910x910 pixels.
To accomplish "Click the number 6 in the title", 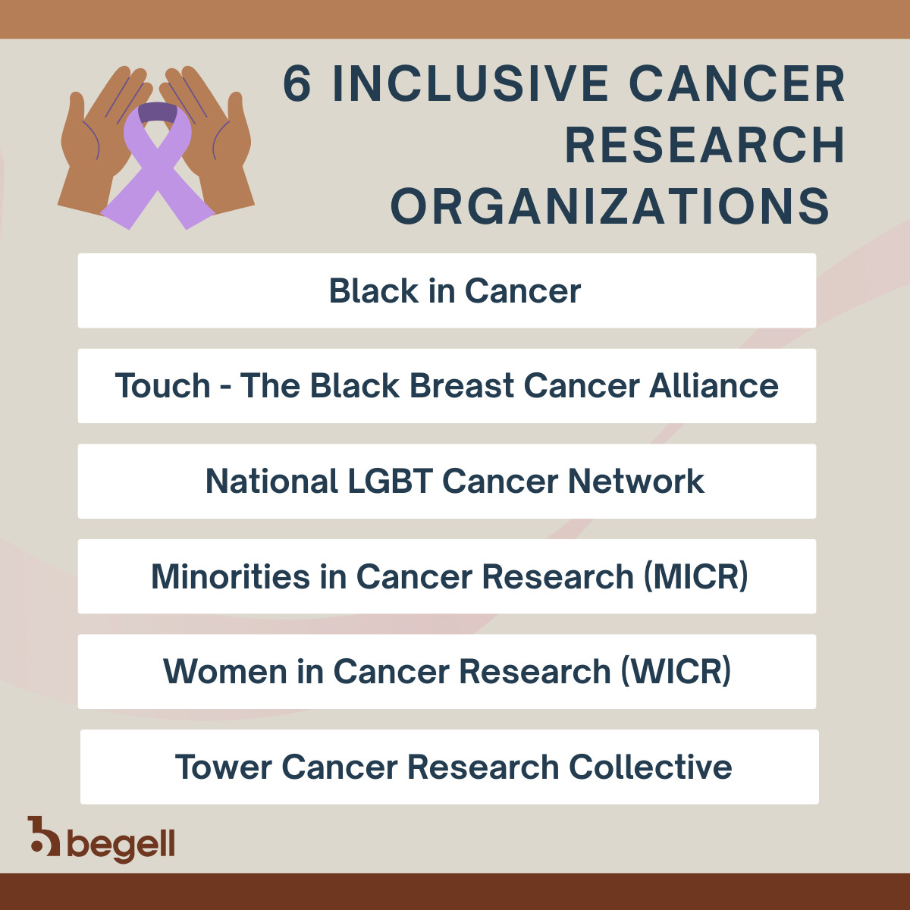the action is pos(297,83).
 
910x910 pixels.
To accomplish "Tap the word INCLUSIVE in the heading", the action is pos(470,83).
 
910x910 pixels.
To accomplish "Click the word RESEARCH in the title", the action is pos(704,145).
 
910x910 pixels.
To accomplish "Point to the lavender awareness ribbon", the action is pos(158,165).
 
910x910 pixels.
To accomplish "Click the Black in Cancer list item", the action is pos(447,290).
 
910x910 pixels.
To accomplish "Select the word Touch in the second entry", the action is pos(162,386).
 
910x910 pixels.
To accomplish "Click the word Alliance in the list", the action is pos(714,386).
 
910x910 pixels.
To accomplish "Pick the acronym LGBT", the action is pos(391,482).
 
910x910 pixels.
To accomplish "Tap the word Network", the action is pos(636,482).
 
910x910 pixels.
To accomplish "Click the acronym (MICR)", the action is pos(696,576).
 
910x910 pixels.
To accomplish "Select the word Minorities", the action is pos(231,576).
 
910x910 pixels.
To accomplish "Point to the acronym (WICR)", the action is pos(676,672).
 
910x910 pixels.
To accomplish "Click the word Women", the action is pos(225,672).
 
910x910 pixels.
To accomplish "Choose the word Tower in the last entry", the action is pos(224,767).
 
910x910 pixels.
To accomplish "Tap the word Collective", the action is pos(650,767).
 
